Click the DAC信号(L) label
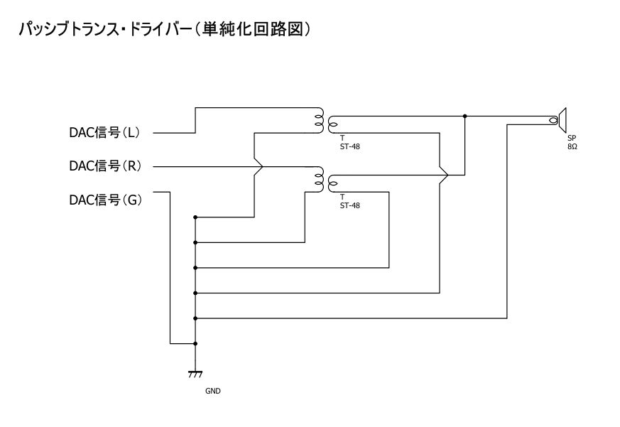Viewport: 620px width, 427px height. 105,133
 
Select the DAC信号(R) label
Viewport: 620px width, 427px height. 105,166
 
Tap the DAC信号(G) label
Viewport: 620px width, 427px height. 105,200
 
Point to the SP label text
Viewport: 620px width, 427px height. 572,138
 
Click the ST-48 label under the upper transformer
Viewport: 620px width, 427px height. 350,147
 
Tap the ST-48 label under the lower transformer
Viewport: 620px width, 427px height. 350,206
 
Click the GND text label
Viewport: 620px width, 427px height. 212,390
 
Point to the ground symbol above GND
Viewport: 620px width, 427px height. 195,373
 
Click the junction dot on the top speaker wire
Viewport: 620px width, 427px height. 464,116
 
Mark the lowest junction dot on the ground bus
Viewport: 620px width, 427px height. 195,343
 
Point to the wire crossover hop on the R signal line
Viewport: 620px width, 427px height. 259,167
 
